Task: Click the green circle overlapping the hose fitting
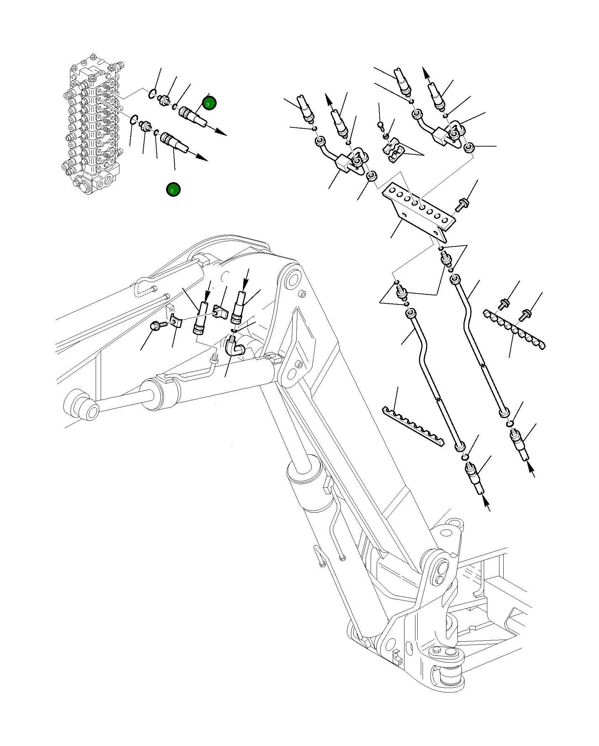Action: [x=209, y=103]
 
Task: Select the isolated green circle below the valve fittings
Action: [x=173, y=190]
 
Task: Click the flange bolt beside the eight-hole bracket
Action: [x=462, y=205]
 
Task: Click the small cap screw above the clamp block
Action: [x=380, y=125]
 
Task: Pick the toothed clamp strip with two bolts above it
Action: [x=514, y=329]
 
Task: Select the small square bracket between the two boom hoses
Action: [x=221, y=312]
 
